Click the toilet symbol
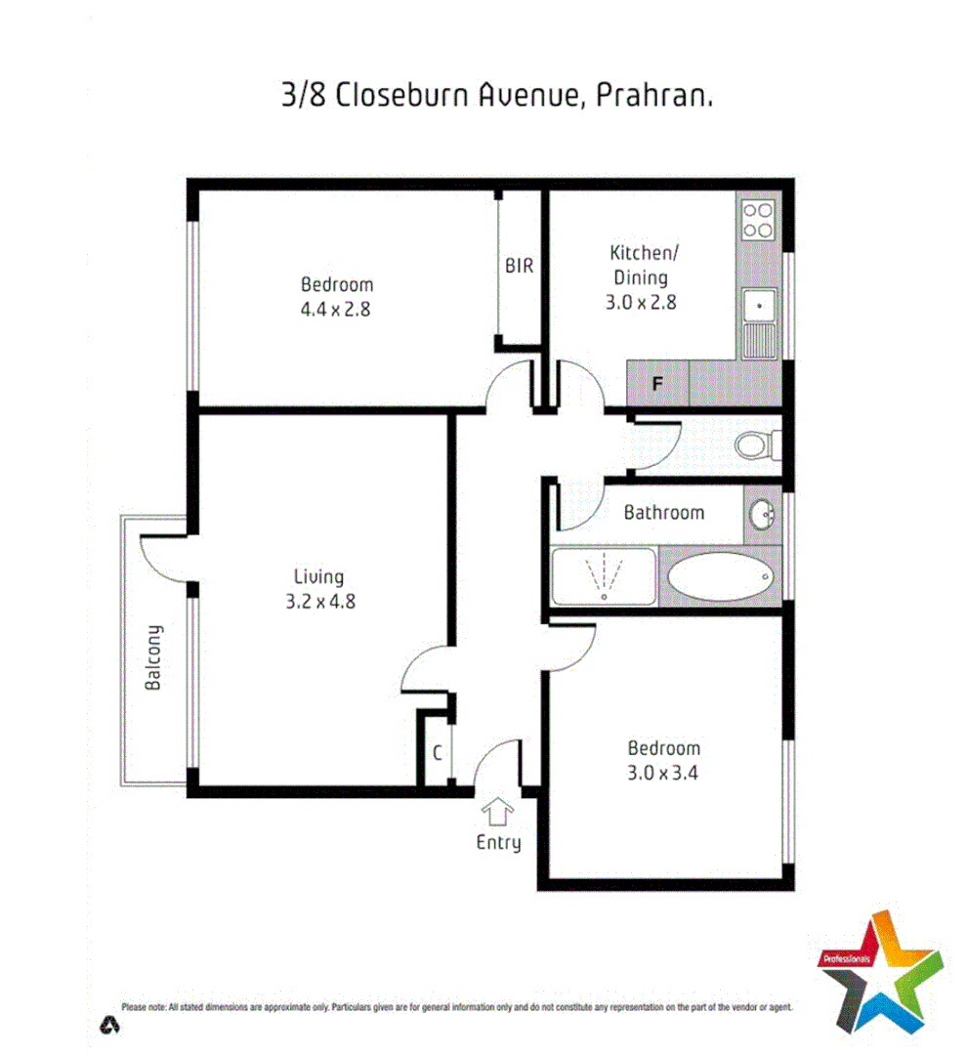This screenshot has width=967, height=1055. tap(752, 446)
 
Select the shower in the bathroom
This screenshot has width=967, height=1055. tap(605, 576)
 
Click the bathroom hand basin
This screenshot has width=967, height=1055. tap(763, 512)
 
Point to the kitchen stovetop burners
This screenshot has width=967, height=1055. tap(757, 220)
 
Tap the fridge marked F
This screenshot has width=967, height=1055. tap(657, 384)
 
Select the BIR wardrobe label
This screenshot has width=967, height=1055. tap(520, 265)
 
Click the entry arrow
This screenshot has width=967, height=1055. tap(498, 811)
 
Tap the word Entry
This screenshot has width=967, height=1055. tap(498, 842)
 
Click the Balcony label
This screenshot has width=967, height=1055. tap(153, 656)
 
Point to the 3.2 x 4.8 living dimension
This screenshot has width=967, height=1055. tap(320, 602)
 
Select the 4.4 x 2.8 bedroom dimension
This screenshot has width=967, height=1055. tap(337, 310)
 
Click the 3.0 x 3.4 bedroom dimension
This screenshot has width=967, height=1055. tap(664, 774)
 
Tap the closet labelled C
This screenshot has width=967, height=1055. tap(438, 753)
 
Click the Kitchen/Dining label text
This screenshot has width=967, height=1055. tap(641, 265)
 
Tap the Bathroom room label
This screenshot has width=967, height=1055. tap(664, 512)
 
